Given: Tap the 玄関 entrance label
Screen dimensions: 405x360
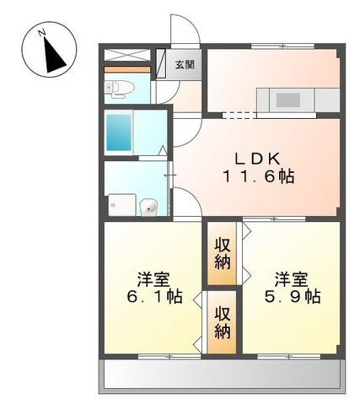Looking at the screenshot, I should (185, 64).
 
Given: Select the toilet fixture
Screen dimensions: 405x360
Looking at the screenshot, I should (116, 87).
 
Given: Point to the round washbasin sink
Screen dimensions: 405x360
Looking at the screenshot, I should (149, 205).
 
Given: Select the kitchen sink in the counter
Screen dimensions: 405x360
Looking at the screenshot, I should (288, 100).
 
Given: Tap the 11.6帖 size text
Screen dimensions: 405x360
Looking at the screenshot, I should (258, 177).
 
